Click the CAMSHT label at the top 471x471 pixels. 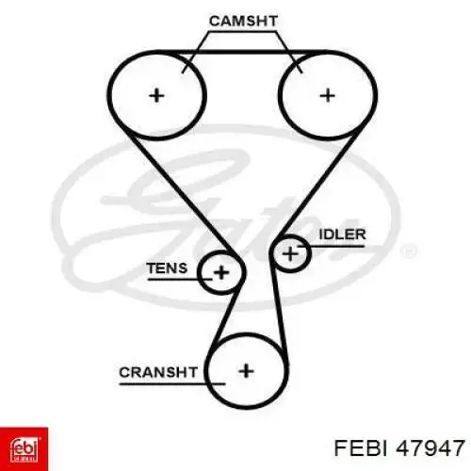pos(243,21)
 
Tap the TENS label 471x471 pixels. pos(167,268)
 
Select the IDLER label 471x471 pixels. pos(342,235)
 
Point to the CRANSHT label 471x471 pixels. pos(158,372)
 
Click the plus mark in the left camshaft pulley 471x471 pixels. pos(156,95)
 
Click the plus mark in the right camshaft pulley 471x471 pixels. pos(327,95)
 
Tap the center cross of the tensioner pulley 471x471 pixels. pos(221,272)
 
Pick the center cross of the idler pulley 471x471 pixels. pos(290,253)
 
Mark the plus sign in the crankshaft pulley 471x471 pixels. pos(246,371)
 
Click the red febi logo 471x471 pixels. pos(24,449)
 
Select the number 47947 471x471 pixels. pos(430,447)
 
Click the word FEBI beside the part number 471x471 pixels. pos(362,447)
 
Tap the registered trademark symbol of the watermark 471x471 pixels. pos(408,252)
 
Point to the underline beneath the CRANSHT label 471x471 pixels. pos(172,383)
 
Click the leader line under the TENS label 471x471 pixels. pos(179,279)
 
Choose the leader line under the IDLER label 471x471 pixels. pos(332,246)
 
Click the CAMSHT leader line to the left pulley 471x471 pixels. pos(195,52)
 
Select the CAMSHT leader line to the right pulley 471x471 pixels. pos(289,52)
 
